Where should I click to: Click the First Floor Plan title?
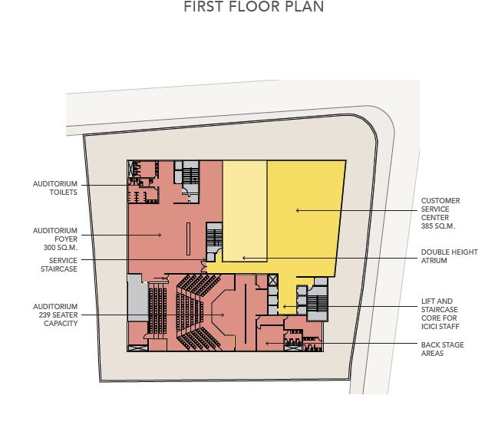point(254,7)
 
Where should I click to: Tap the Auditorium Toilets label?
point(55,188)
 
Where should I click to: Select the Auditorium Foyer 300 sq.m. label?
point(55,239)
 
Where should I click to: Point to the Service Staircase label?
point(59,265)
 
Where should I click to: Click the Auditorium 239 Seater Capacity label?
point(55,315)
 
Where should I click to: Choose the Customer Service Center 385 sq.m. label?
point(440,213)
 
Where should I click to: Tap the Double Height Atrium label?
point(449,256)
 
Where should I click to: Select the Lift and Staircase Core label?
point(440,314)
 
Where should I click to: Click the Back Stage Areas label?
point(442,349)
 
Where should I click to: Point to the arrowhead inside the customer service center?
point(298,211)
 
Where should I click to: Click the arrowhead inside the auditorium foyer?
point(160,235)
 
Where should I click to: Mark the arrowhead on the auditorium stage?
point(223,315)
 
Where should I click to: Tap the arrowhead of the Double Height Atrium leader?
point(244,258)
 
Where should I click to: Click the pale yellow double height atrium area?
point(245,211)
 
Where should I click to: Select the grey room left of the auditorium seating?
point(137,298)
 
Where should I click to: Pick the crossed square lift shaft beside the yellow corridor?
point(272,280)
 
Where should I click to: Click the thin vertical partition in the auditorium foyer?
point(188,239)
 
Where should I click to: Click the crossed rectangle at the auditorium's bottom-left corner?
point(138,348)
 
